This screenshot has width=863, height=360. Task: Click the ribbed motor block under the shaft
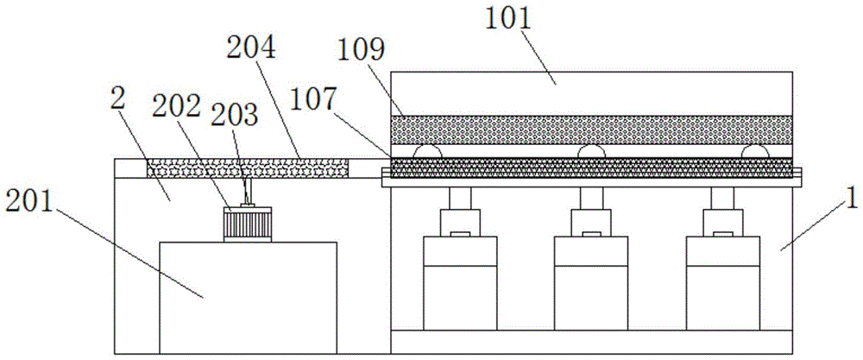click(247, 224)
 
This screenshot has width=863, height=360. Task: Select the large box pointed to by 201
click(248, 297)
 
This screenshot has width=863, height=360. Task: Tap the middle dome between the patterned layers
click(591, 151)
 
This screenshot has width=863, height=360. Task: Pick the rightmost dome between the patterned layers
click(755, 151)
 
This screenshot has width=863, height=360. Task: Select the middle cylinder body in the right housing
click(591, 283)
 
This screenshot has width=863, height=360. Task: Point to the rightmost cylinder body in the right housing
click(723, 283)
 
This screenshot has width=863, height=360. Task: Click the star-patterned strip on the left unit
click(248, 167)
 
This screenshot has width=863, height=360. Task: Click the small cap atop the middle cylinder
click(591, 234)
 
